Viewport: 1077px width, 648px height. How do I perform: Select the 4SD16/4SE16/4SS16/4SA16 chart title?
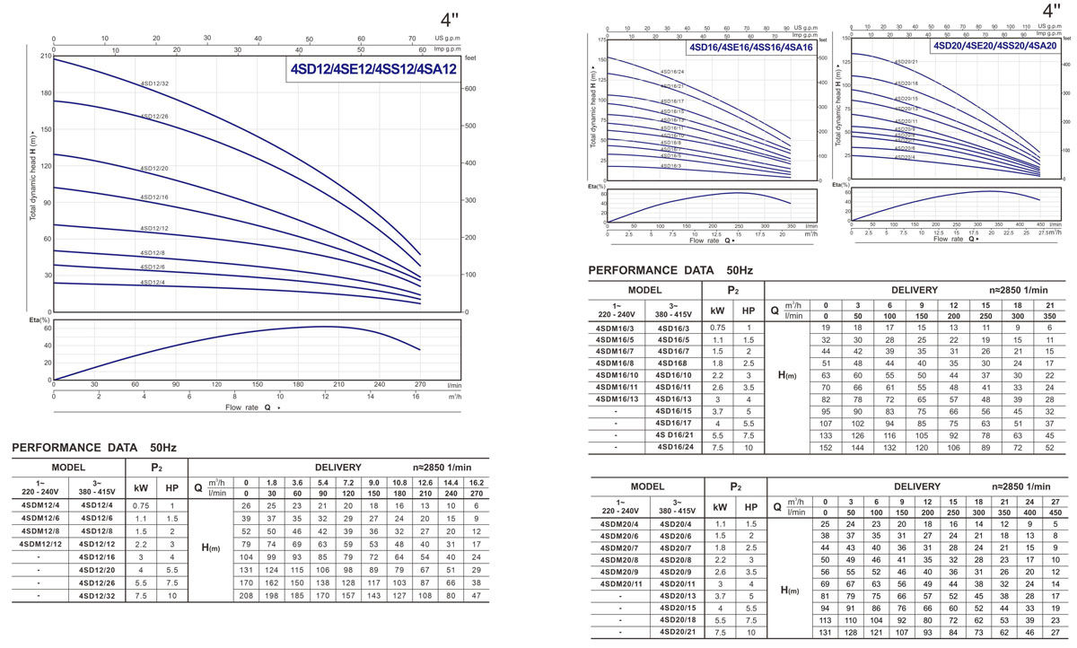point(751,47)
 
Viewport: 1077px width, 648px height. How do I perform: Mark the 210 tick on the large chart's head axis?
point(44,56)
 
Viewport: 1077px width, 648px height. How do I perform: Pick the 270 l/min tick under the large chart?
point(420,384)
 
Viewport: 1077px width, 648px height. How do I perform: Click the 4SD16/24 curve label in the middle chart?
point(672,72)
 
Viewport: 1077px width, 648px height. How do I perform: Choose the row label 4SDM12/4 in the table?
point(39,506)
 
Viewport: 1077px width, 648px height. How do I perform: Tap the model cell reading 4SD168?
point(675,363)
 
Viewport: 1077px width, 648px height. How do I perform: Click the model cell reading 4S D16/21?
point(675,434)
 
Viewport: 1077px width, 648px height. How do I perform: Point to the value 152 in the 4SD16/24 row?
point(826,446)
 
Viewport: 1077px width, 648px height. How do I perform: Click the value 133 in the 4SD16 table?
point(826,434)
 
